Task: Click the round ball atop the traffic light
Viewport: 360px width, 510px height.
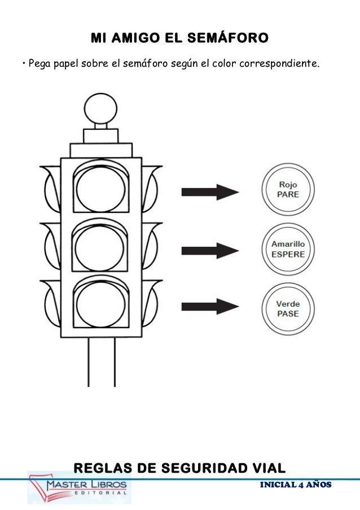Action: [x=101, y=107]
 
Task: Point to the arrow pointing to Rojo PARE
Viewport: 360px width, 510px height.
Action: [x=209, y=192]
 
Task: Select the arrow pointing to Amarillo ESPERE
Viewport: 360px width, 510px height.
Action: [x=209, y=250]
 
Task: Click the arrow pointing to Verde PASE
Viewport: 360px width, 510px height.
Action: [x=209, y=307]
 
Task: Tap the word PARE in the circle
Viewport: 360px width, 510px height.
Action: [x=288, y=194]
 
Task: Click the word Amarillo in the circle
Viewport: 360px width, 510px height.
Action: [x=288, y=245]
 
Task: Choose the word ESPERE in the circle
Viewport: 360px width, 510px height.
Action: [x=288, y=254]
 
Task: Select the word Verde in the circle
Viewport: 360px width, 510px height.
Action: [x=288, y=304]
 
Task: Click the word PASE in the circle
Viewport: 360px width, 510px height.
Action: [x=288, y=313]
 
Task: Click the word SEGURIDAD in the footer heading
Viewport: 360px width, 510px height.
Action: [x=196, y=468]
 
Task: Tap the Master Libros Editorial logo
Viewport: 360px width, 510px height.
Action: [x=80, y=487]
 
